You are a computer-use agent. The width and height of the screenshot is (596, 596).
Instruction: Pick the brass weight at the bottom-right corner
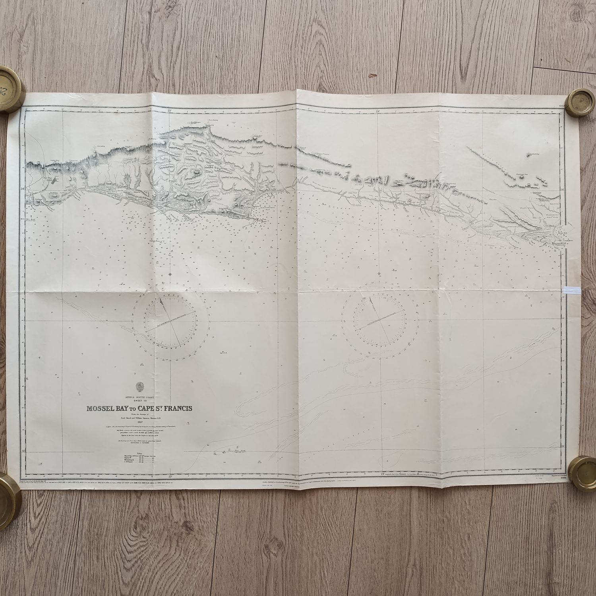pyautogui.click(x=584, y=473)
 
